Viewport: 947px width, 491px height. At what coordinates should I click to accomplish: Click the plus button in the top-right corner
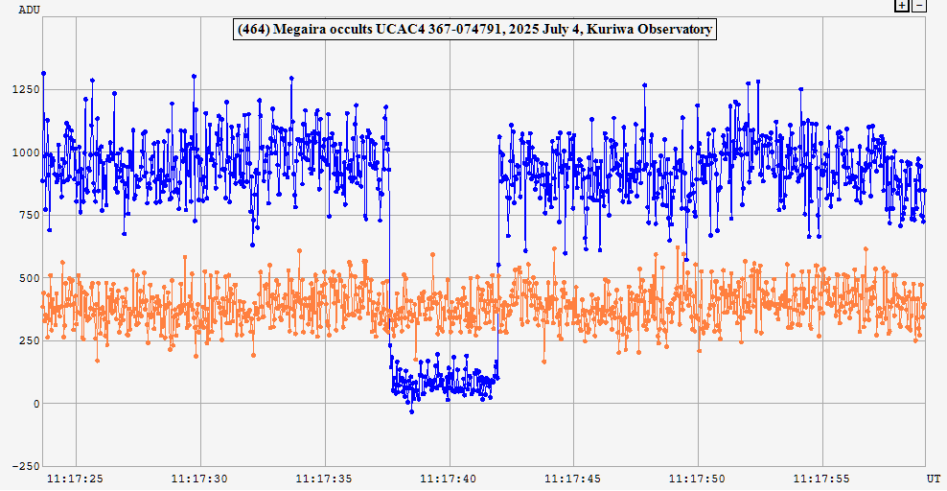(902, 6)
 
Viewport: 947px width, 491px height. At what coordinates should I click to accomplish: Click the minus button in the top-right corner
(918, 6)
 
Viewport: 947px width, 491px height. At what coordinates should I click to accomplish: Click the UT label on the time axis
(933, 478)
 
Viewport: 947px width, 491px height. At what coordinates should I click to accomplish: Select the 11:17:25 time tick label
(76, 478)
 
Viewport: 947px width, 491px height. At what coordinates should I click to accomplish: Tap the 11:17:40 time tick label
(449, 478)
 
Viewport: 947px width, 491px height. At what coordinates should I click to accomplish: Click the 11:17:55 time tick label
(821, 478)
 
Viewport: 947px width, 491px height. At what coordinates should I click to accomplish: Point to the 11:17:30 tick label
(199, 478)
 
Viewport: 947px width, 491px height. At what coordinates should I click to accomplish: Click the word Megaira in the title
(302, 30)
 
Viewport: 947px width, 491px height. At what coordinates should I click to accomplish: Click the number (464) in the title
(254, 30)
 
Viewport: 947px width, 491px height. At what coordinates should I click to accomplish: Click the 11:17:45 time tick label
(573, 478)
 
